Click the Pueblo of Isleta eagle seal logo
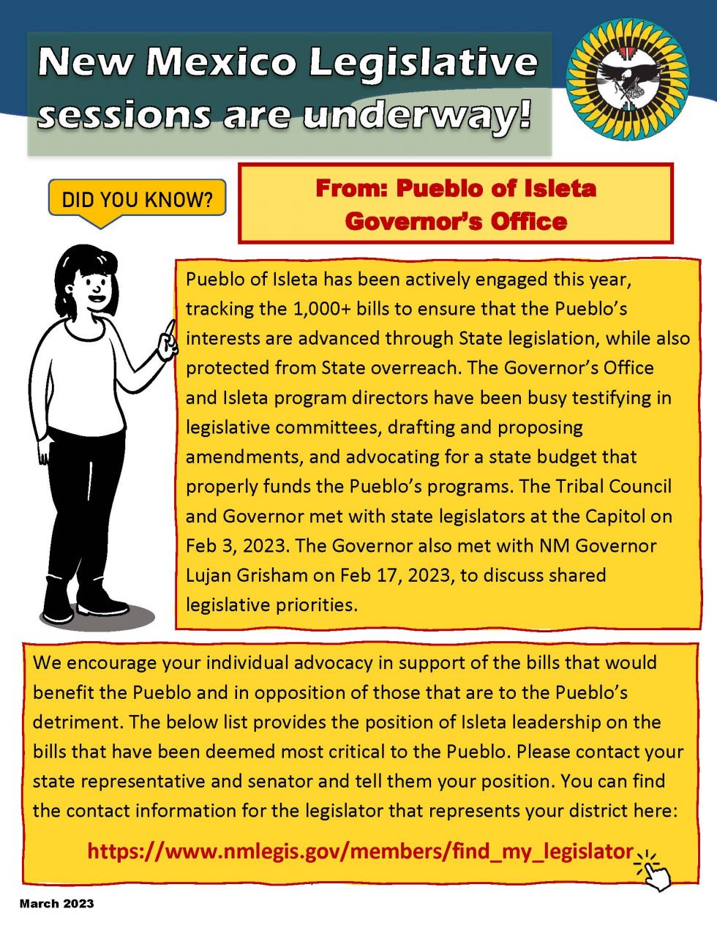[627, 79]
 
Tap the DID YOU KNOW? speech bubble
[137, 199]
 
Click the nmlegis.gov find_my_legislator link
[359, 851]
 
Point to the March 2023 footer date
[57, 904]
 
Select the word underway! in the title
[416, 116]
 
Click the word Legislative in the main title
[422, 62]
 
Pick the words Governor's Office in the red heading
[456, 221]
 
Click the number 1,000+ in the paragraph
[322, 309]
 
